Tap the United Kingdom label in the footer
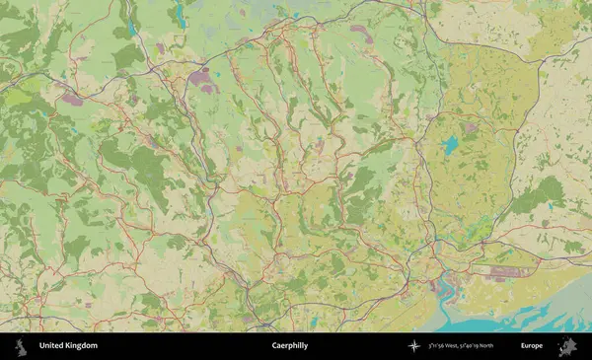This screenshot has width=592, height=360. tap(68, 346)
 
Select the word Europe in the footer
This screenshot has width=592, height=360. tap(532, 346)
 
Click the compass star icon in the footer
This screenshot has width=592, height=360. tap(414, 346)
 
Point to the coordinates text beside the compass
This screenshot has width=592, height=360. tap(462, 346)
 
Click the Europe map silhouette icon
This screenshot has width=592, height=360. tap(567, 346)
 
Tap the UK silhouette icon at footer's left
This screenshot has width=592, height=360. tap(19, 346)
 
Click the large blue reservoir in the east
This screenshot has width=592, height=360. tap(451, 145)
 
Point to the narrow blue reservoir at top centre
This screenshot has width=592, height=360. tap(180, 14)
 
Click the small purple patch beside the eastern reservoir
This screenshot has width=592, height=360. tap(471, 127)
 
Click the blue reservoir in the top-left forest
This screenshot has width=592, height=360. tap(130, 30)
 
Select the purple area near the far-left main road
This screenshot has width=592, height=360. tap(72, 99)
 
